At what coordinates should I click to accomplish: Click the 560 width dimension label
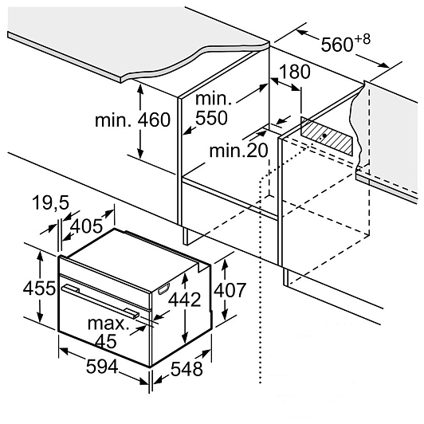[x=337, y=45]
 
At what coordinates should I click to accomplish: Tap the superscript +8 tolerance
[x=362, y=40]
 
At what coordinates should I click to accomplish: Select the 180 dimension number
[x=295, y=72]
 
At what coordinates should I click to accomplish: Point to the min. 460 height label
[x=133, y=120]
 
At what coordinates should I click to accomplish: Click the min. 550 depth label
[x=213, y=108]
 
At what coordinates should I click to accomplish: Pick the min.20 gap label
[x=238, y=151]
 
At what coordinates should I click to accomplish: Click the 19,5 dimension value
[x=50, y=202]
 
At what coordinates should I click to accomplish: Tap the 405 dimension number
[x=86, y=226]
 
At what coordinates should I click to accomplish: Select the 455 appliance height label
[x=39, y=288]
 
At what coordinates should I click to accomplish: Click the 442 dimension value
[x=185, y=300]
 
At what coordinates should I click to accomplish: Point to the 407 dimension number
[x=230, y=290]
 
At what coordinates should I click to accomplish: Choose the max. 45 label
[x=108, y=332]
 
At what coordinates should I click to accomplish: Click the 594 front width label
[x=102, y=367]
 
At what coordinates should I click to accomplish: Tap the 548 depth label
[x=186, y=369]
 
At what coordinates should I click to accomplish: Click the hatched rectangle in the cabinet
[x=327, y=136]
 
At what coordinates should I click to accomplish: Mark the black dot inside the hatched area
[x=324, y=135]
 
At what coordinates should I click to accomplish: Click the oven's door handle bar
[x=100, y=300]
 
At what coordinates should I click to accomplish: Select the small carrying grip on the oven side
[x=164, y=289]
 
